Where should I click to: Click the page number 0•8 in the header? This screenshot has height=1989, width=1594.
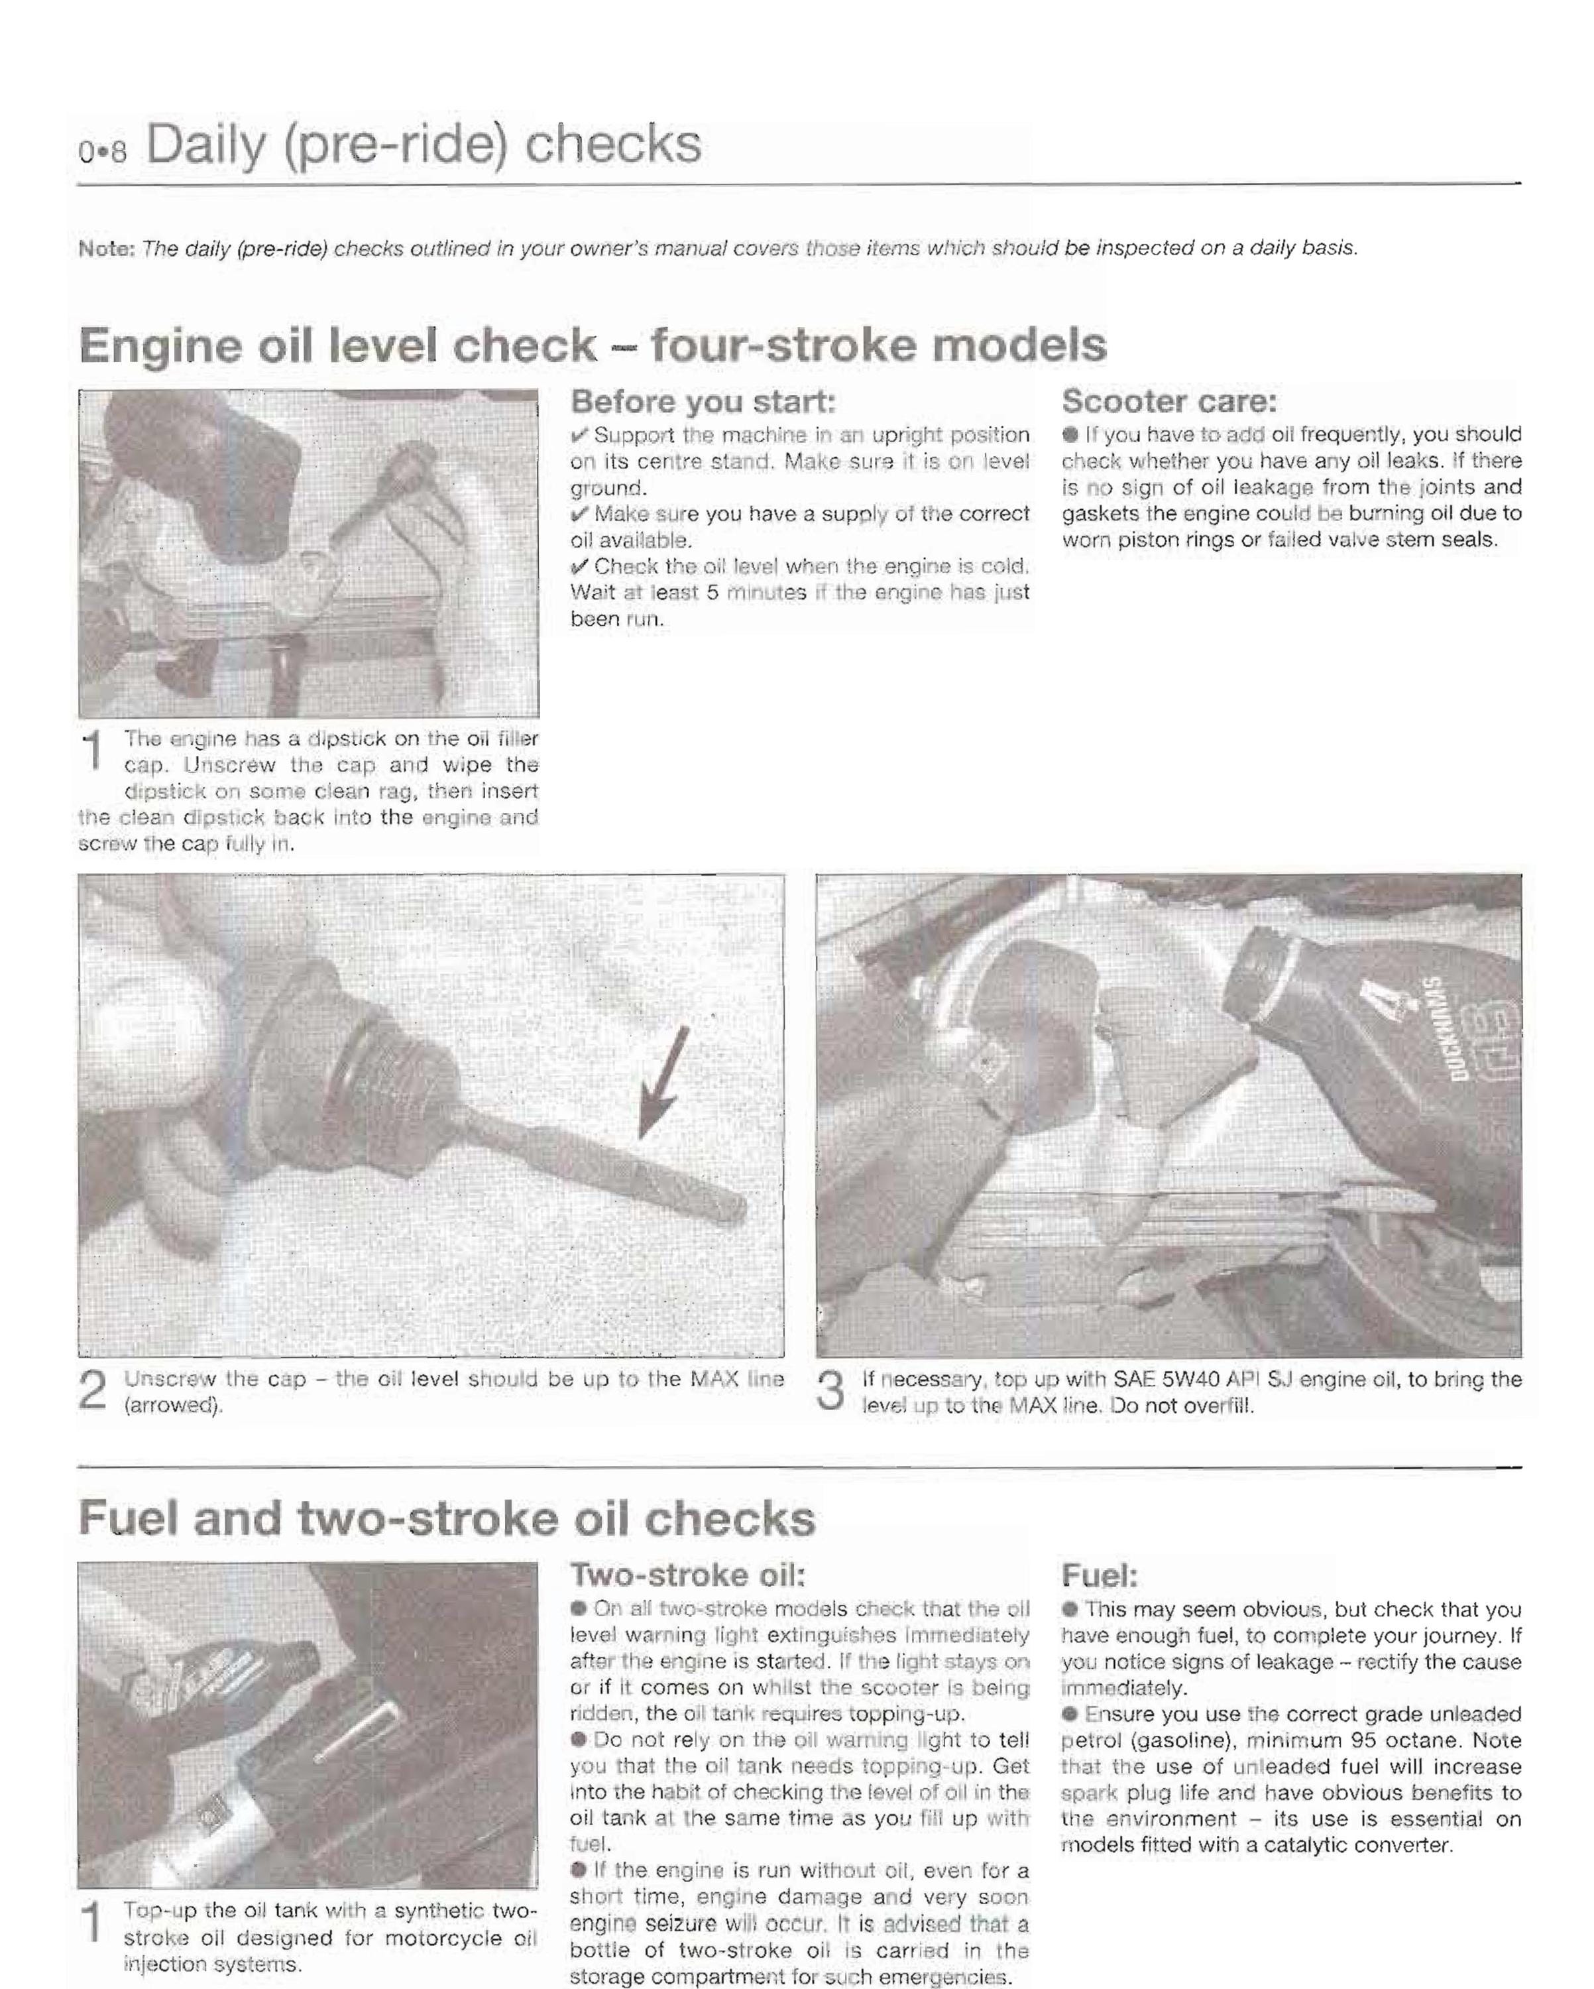click(101, 151)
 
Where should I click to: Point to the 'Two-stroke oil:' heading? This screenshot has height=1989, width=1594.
click(688, 1575)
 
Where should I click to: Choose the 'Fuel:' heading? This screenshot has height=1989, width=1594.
click(1100, 1575)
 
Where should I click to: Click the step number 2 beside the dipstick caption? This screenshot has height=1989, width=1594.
click(93, 1390)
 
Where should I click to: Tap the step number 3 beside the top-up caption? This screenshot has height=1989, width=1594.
click(831, 1390)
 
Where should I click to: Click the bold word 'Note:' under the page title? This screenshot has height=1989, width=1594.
click(107, 248)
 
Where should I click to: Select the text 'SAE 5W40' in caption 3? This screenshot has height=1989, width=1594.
click(1172, 1379)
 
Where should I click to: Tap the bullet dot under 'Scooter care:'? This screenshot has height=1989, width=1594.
click(1070, 434)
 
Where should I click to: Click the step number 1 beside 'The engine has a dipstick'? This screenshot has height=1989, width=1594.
click(93, 750)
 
